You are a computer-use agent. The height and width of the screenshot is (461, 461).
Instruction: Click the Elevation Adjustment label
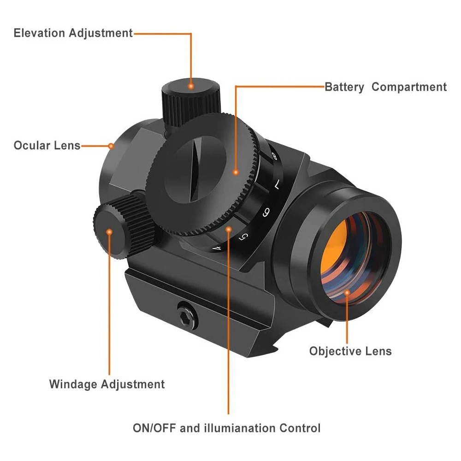pyautogui.click(x=73, y=33)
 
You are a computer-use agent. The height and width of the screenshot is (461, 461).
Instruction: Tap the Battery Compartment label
pyautogui.click(x=385, y=87)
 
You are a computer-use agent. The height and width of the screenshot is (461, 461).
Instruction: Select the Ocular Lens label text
pyautogui.click(x=47, y=146)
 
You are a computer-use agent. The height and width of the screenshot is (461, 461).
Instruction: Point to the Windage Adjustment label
pyautogui.click(x=106, y=384)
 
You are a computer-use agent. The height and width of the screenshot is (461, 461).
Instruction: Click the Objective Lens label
pyautogui.click(x=350, y=351)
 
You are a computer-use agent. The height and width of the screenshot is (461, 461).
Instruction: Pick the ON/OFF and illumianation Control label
pyautogui.click(x=226, y=428)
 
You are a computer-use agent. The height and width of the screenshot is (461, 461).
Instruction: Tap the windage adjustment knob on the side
pyautogui.click(x=115, y=228)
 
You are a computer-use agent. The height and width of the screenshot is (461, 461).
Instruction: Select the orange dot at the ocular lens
pyautogui.click(x=111, y=146)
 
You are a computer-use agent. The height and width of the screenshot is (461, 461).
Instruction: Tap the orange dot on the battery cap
pyautogui.click(x=236, y=172)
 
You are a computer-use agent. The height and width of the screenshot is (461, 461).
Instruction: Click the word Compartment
pyautogui.click(x=409, y=87)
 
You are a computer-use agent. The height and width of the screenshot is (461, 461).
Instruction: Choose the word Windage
pyautogui.click(x=73, y=384)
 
